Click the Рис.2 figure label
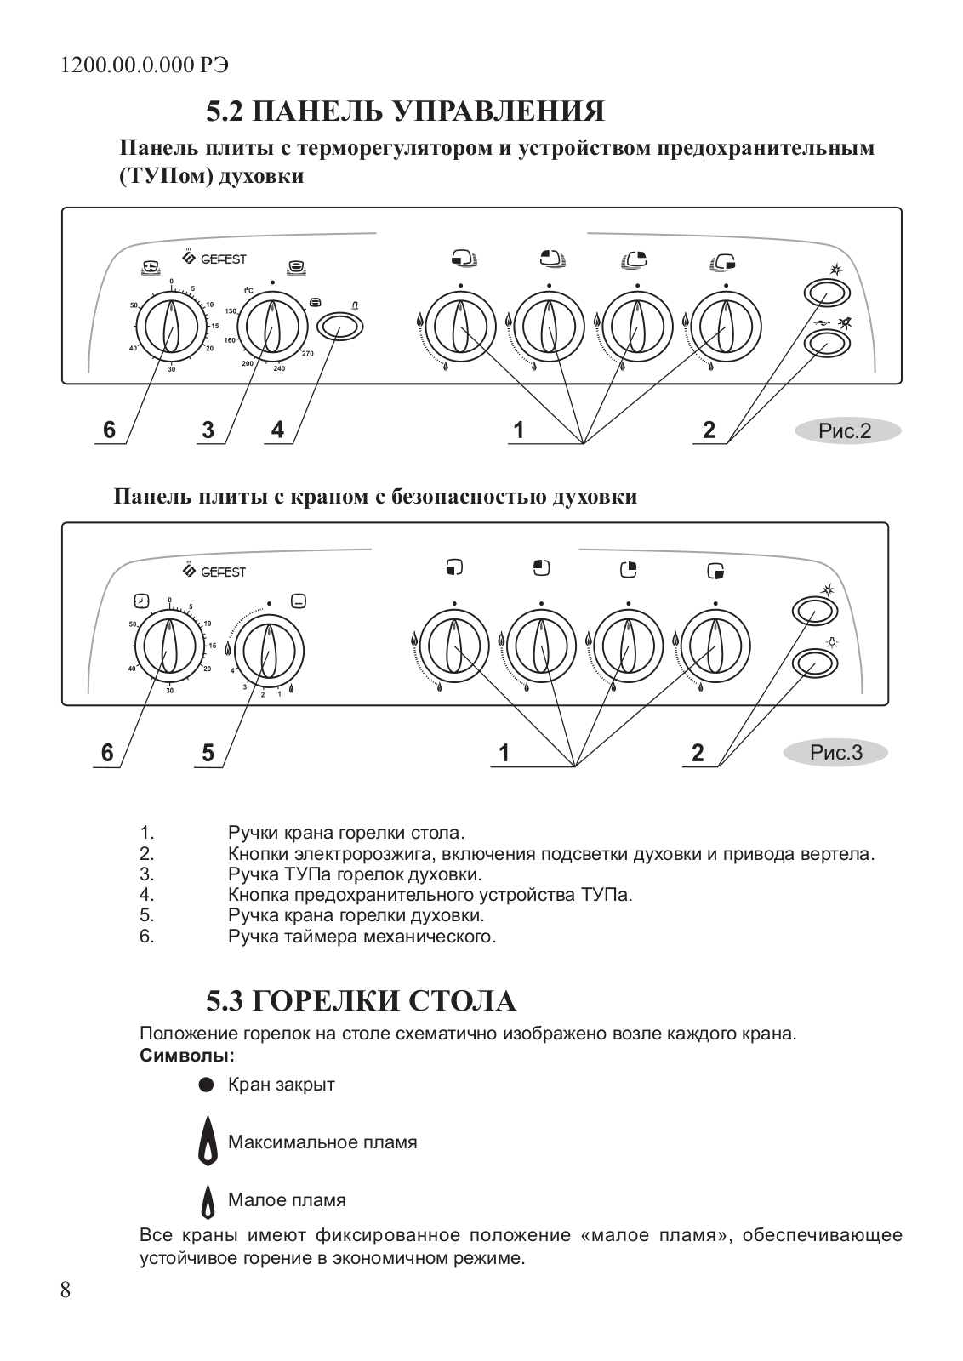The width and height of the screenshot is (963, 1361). click(x=846, y=431)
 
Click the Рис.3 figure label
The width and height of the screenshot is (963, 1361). click(x=835, y=752)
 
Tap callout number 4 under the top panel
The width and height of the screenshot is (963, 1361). click(x=277, y=430)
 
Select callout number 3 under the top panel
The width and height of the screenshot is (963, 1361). click(x=208, y=430)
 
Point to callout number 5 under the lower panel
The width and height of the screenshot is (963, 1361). click(x=208, y=753)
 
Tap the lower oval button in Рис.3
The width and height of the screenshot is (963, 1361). click(x=815, y=663)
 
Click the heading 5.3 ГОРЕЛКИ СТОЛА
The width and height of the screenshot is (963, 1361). click(x=361, y=1001)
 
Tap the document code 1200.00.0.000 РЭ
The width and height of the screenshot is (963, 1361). click(x=145, y=65)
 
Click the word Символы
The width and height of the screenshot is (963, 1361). click(x=186, y=1056)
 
